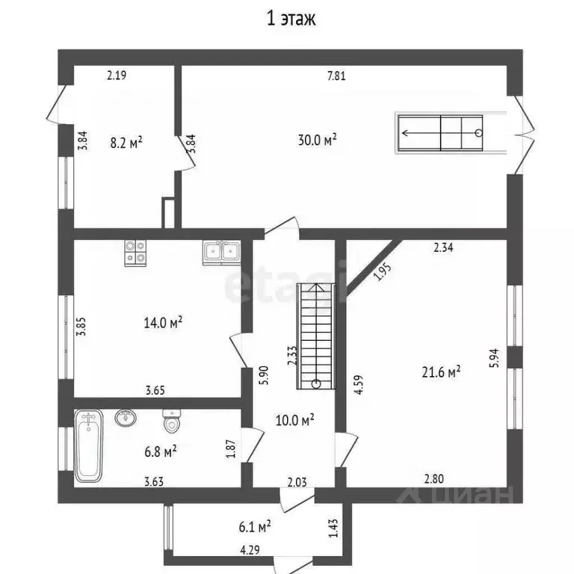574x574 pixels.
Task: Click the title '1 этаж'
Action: pyautogui.click(x=291, y=19)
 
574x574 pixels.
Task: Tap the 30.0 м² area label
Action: pyautogui.click(x=317, y=140)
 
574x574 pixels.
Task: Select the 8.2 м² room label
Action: pyautogui.click(x=126, y=143)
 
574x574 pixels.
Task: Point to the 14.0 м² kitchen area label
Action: pyautogui.click(x=163, y=323)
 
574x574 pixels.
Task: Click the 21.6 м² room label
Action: pyautogui.click(x=441, y=372)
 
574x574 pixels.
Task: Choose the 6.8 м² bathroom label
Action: pyautogui.click(x=161, y=451)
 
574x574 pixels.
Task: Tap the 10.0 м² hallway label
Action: pyautogui.click(x=294, y=420)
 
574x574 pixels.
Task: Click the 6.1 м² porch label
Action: pyautogui.click(x=254, y=527)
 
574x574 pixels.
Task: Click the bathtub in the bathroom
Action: pyautogui.click(x=88, y=445)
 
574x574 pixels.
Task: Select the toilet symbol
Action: pyautogui.click(x=171, y=421)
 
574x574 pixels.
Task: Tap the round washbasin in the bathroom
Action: pyautogui.click(x=126, y=418)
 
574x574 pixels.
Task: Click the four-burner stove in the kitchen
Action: pyautogui.click(x=135, y=253)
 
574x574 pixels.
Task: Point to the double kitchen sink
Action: pyautogui.click(x=221, y=253)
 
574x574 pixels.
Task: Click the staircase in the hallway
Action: pyautogui.click(x=315, y=336)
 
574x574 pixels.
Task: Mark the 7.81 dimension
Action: pyautogui.click(x=336, y=75)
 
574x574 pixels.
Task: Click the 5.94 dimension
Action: pyautogui.click(x=494, y=358)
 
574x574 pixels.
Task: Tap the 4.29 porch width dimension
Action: pyautogui.click(x=250, y=550)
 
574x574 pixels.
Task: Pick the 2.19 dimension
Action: pyautogui.click(x=117, y=75)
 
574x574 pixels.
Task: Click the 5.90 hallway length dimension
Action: pyautogui.click(x=264, y=375)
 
